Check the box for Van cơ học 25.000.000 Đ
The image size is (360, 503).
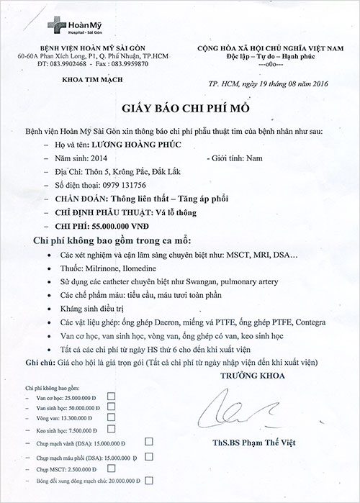111,396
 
